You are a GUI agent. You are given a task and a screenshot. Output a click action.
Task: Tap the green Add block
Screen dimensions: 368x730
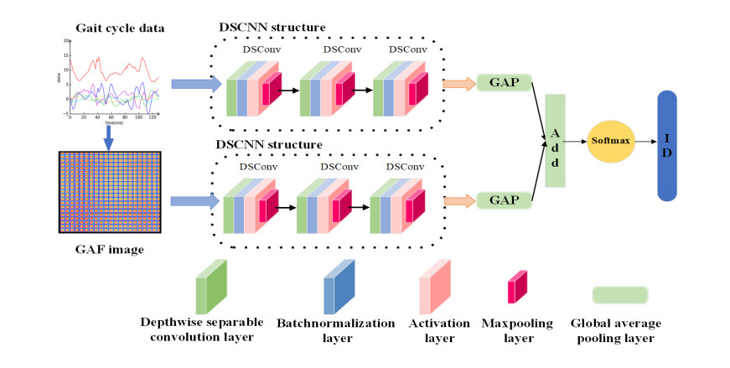556,141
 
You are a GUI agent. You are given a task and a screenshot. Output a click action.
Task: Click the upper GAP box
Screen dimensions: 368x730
505,83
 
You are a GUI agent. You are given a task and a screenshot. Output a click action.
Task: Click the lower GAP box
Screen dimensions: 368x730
505,200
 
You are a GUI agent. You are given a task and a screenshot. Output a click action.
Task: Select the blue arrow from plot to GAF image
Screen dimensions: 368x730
108,135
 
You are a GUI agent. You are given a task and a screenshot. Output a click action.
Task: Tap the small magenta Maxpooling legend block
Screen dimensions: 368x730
517,287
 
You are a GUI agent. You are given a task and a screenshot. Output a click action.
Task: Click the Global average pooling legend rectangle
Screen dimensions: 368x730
619,294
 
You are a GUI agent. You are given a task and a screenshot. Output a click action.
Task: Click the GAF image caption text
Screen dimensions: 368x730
105,248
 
